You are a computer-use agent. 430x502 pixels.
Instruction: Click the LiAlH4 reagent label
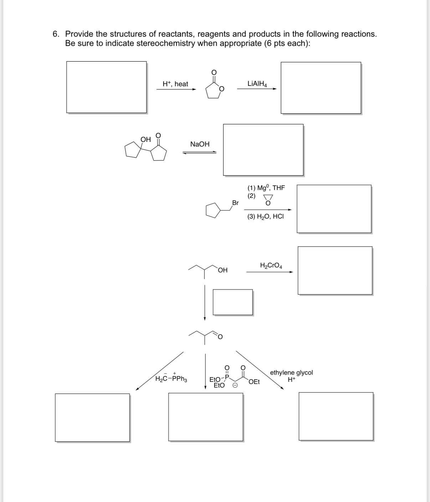pos(257,84)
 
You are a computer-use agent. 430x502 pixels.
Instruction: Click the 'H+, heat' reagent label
pos(175,84)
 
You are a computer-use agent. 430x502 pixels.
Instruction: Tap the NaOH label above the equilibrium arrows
pos(200,144)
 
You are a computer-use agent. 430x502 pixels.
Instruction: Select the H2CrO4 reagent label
pos(271,266)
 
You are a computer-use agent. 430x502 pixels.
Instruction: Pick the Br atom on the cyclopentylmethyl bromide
pos(235,203)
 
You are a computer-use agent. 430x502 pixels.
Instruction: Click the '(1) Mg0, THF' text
pos(266,188)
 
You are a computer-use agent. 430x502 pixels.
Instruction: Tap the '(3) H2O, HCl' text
pos(265,216)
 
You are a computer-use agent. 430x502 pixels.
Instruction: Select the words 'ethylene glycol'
pos(291,373)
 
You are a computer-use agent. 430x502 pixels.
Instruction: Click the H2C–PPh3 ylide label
pos(172,379)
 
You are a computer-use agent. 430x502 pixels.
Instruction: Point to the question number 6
pos(56,34)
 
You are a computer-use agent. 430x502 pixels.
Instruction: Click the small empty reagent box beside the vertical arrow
pos(232,302)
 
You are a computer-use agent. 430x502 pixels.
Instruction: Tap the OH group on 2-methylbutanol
pos(222,270)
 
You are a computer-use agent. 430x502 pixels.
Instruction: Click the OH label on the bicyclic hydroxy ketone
pos(145,139)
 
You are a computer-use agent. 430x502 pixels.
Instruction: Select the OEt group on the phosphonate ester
pos(254,382)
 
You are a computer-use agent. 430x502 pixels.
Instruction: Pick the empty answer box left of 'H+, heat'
pos(106,87)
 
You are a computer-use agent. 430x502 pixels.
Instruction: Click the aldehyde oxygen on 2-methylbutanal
pos(220,337)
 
